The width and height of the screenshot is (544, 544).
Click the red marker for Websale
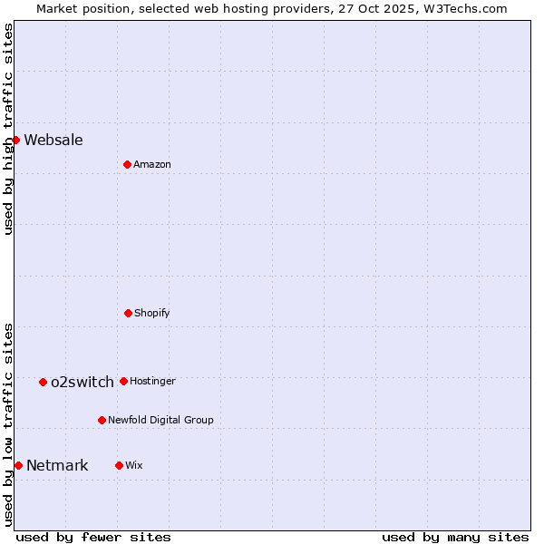pyautogui.click(x=15, y=140)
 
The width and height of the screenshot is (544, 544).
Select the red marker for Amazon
pyautogui.click(x=127, y=164)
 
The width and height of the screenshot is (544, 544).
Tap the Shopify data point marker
pyautogui.click(x=128, y=313)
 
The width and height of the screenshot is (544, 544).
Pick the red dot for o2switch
pyautogui.click(x=43, y=382)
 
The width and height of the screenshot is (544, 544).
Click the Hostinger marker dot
pyautogui.click(x=123, y=381)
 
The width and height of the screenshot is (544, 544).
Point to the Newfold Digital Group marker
pyautogui.click(x=102, y=420)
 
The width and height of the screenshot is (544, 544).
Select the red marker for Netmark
pyautogui.click(x=18, y=465)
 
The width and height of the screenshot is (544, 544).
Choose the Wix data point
pyautogui.click(x=119, y=465)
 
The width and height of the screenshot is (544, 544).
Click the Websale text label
pyautogui.click(x=53, y=140)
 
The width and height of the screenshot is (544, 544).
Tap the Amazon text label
pyautogui.click(x=152, y=164)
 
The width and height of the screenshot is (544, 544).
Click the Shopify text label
pyautogui.click(x=152, y=313)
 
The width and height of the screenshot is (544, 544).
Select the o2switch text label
pyautogui.click(x=83, y=382)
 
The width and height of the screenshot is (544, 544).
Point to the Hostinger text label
pyautogui.click(x=152, y=381)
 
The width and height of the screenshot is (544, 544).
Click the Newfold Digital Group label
pyautogui.click(x=160, y=420)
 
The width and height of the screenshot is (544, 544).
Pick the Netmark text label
pyautogui.click(x=57, y=466)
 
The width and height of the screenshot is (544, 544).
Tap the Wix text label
pyautogui.click(x=134, y=465)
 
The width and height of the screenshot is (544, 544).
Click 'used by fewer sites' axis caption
pyautogui.click(x=93, y=537)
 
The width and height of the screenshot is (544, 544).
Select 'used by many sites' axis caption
pyautogui.click(x=455, y=537)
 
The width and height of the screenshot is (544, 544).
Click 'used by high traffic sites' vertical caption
pyautogui.click(x=8, y=129)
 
